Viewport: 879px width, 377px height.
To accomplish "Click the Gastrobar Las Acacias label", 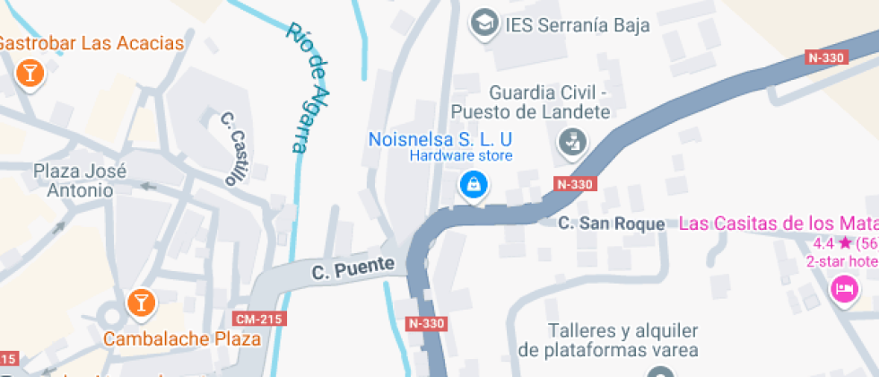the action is tap(91, 43).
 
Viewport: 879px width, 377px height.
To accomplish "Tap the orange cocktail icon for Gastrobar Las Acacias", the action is tap(30, 74).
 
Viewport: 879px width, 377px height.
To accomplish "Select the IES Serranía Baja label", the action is tap(577, 24).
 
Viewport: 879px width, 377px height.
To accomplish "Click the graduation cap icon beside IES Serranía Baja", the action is tap(485, 22).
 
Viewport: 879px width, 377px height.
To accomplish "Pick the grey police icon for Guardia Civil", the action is tap(571, 141).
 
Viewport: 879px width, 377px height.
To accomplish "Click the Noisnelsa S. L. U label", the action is tap(440, 139).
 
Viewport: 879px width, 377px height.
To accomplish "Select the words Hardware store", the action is tap(461, 156).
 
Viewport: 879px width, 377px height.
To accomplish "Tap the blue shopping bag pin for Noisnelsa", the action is tap(472, 186).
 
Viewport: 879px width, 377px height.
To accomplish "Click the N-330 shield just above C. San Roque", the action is tap(575, 184).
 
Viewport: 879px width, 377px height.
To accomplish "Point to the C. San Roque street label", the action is tap(611, 224).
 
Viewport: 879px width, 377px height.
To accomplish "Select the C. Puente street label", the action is tap(353, 267).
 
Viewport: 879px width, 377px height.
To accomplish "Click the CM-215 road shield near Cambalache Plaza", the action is tap(259, 320).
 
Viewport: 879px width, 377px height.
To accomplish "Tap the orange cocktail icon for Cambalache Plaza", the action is tap(140, 302).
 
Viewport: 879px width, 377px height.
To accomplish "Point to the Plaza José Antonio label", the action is tap(80, 180).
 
